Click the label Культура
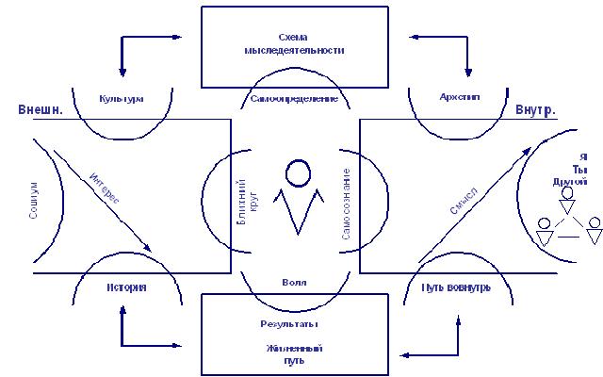tap(122, 97)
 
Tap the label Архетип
tap(461, 97)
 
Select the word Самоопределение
tap(294, 98)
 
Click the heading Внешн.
tap(41, 110)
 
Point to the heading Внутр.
tap(535, 110)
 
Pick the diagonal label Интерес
tap(105, 187)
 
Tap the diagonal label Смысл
tap(464, 200)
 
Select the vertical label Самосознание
tap(347, 203)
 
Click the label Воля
tap(294, 282)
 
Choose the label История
tap(126, 287)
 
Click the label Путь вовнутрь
tap(455, 287)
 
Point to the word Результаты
tap(288, 324)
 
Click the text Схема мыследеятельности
tap(292, 43)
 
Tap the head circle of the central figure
tap(298, 173)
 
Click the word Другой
tap(570, 181)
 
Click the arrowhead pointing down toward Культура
tap(122, 73)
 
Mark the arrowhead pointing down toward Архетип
tap(467, 73)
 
